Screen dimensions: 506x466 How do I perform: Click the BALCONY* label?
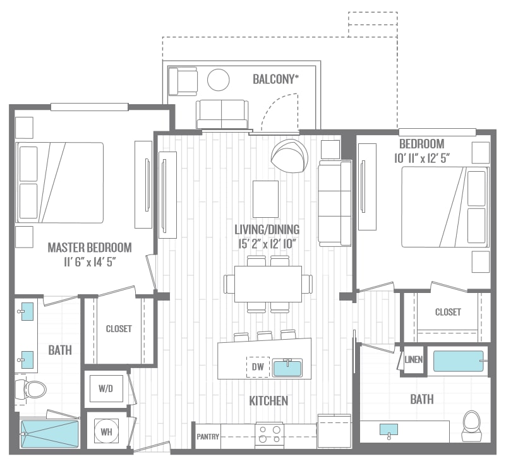tap(275, 79)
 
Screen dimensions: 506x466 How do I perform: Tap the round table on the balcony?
tap(219, 80)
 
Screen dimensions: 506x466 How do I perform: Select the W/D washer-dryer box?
tap(106, 388)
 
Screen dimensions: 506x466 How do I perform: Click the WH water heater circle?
tap(106, 431)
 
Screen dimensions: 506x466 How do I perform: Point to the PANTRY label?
tap(208, 437)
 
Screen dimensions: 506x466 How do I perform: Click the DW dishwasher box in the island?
tap(258, 367)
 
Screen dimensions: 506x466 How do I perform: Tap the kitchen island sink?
tap(287, 367)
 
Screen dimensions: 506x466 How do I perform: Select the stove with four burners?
tap(270, 434)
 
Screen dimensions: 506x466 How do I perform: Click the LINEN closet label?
tap(413, 359)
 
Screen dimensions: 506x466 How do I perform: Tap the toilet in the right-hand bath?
tap(472, 426)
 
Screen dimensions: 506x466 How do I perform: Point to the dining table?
tap(268, 284)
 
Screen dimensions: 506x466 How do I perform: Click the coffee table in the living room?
tap(265, 199)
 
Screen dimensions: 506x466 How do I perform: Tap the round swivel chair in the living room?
tap(289, 157)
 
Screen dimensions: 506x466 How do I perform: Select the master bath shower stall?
tap(49, 434)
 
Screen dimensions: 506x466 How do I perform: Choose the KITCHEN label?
tap(268, 401)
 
